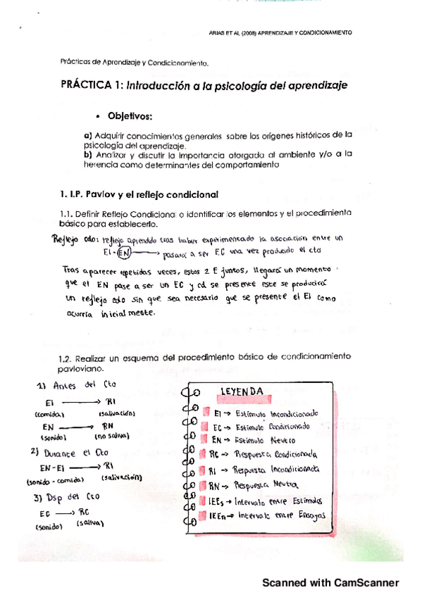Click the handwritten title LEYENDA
coord(242,391)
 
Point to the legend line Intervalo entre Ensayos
coord(267,515)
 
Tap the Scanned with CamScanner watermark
coord(330,582)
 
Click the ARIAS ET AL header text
coord(280,32)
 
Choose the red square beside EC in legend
coord(206,427)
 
